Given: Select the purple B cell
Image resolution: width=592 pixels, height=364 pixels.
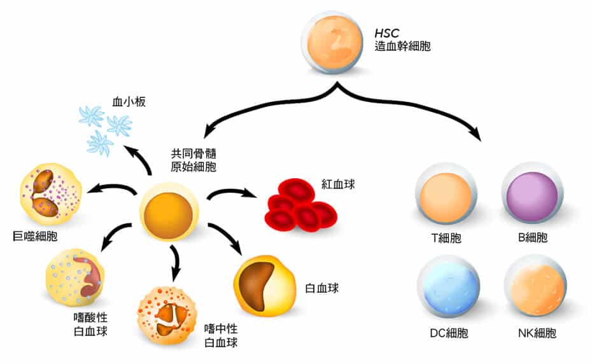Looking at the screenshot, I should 532,195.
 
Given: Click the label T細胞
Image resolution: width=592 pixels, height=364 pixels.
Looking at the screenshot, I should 446,239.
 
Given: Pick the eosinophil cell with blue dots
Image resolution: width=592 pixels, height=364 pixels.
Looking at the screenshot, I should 75,277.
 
